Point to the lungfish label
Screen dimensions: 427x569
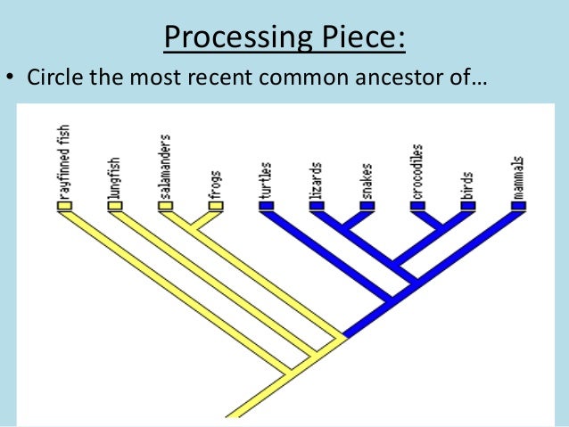pyautogui.click(x=114, y=177)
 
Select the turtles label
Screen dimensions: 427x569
pyautogui.click(x=266, y=180)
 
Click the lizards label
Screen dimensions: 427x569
pyautogui.click(x=316, y=181)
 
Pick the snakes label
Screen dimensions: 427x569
pyautogui.click(x=367, y=181)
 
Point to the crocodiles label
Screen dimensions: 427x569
pyautogui.click(x=416, y=170)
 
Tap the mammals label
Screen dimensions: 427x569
pyautogui.click(x=518, y=177)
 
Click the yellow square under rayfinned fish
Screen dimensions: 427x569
pyautogui.click(x=64, y=205)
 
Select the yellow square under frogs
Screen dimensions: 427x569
pyautogui.click(x=215, y=205)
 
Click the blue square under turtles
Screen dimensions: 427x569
pyautogui.click(x=266, y=205)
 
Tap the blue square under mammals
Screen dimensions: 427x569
pyautogui.click(x=518, y=205)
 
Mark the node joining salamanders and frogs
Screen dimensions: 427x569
pyautogui.click(x=190, y=230)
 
